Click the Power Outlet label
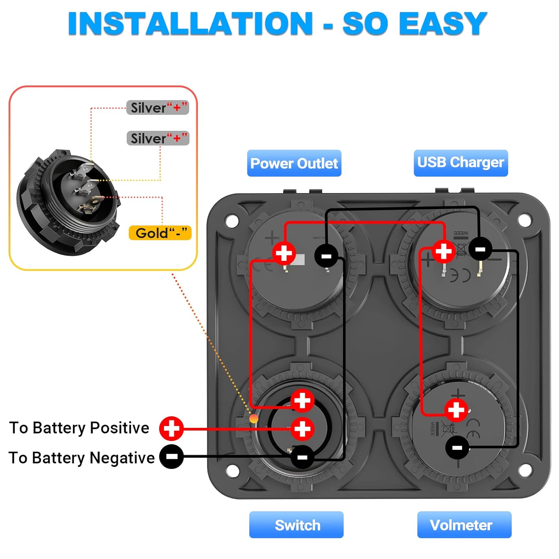tap(294, 163)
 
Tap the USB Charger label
tap(461, 162)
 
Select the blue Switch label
tap(297, 525)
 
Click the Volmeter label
tap(464, 525)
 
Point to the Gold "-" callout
tap(160, 233)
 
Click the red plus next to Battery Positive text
tap(171, 428)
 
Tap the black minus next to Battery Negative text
tap(171, 456)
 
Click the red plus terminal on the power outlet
tap(284, 253)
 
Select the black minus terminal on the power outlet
tap(326, 256)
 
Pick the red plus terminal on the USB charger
tap(443, 251)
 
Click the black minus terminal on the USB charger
tap(480, 249)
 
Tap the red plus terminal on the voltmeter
tap(456, 410)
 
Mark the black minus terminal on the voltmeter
tap(457, 447)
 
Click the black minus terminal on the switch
tap(302, 457)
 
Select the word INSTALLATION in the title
tap(190, 24)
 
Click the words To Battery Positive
tap(79, 428)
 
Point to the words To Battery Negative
tap(81, 458)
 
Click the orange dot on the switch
tap(254, 419)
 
